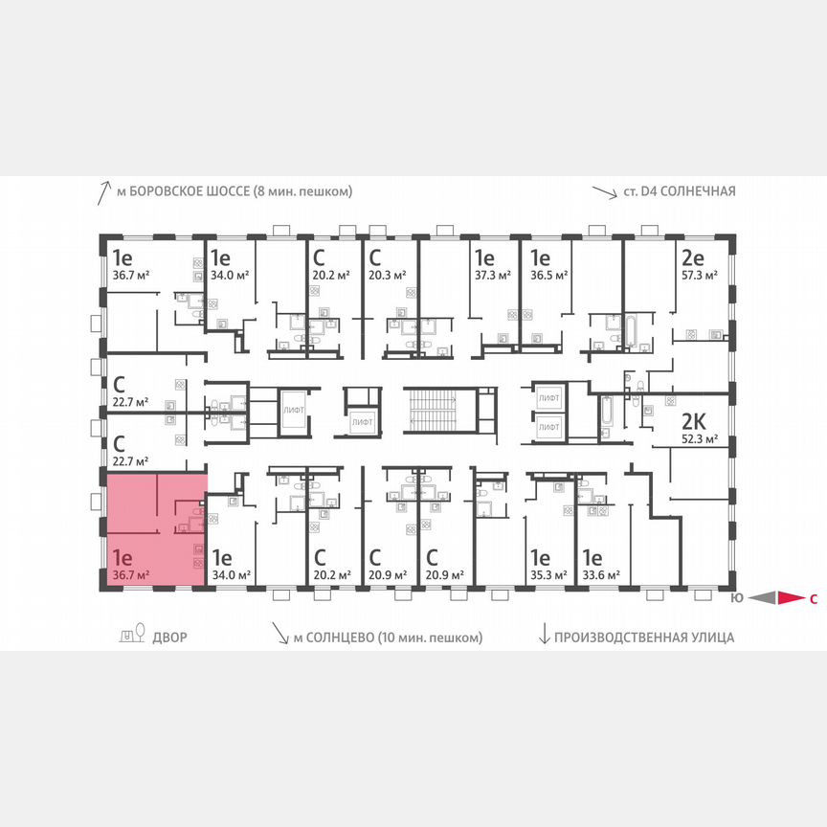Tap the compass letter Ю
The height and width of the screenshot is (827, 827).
[x=735, y=600]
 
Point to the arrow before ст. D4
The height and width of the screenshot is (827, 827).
[x=604, y=192]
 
